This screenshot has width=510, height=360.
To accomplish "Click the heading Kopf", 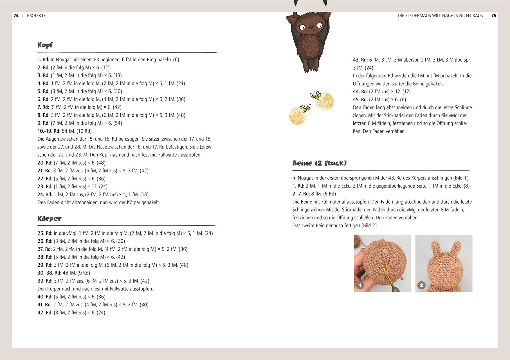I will [x=45, y=45].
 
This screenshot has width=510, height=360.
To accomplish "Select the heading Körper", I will [x=49, y=219].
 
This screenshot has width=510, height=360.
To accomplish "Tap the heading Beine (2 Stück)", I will [x=319, y=163].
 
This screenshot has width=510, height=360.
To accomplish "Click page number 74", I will [x=16, y=16].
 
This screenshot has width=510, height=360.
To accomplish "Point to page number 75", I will [x=494, y=16].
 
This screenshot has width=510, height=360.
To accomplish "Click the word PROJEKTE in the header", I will [x=36, y=16].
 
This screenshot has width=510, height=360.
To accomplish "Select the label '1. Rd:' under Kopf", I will [x=43, y=60].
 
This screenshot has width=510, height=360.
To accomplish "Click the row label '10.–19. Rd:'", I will [x=49, y=131].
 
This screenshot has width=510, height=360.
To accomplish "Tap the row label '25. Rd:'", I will [x=45, y=233].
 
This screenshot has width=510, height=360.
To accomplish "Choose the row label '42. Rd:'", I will [x=45, y=313].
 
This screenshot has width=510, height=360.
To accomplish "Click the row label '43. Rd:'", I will [x=360, y=60].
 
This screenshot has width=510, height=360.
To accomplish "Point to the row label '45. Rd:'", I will [x=360, y=100].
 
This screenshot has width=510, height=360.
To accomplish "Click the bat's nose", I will [x=311, y=27].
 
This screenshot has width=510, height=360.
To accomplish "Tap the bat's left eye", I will [x=302, y=27].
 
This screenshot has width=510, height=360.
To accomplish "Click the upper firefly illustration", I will [x=316, y=95].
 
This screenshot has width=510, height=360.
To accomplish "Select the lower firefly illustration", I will [x=305, y=107].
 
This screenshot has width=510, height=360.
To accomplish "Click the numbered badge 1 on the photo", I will [x=360, y=285].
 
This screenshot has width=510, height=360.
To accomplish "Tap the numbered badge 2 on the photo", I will [x=421, y=285].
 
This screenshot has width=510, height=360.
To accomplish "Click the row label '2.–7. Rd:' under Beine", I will [x=301, y=194].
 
